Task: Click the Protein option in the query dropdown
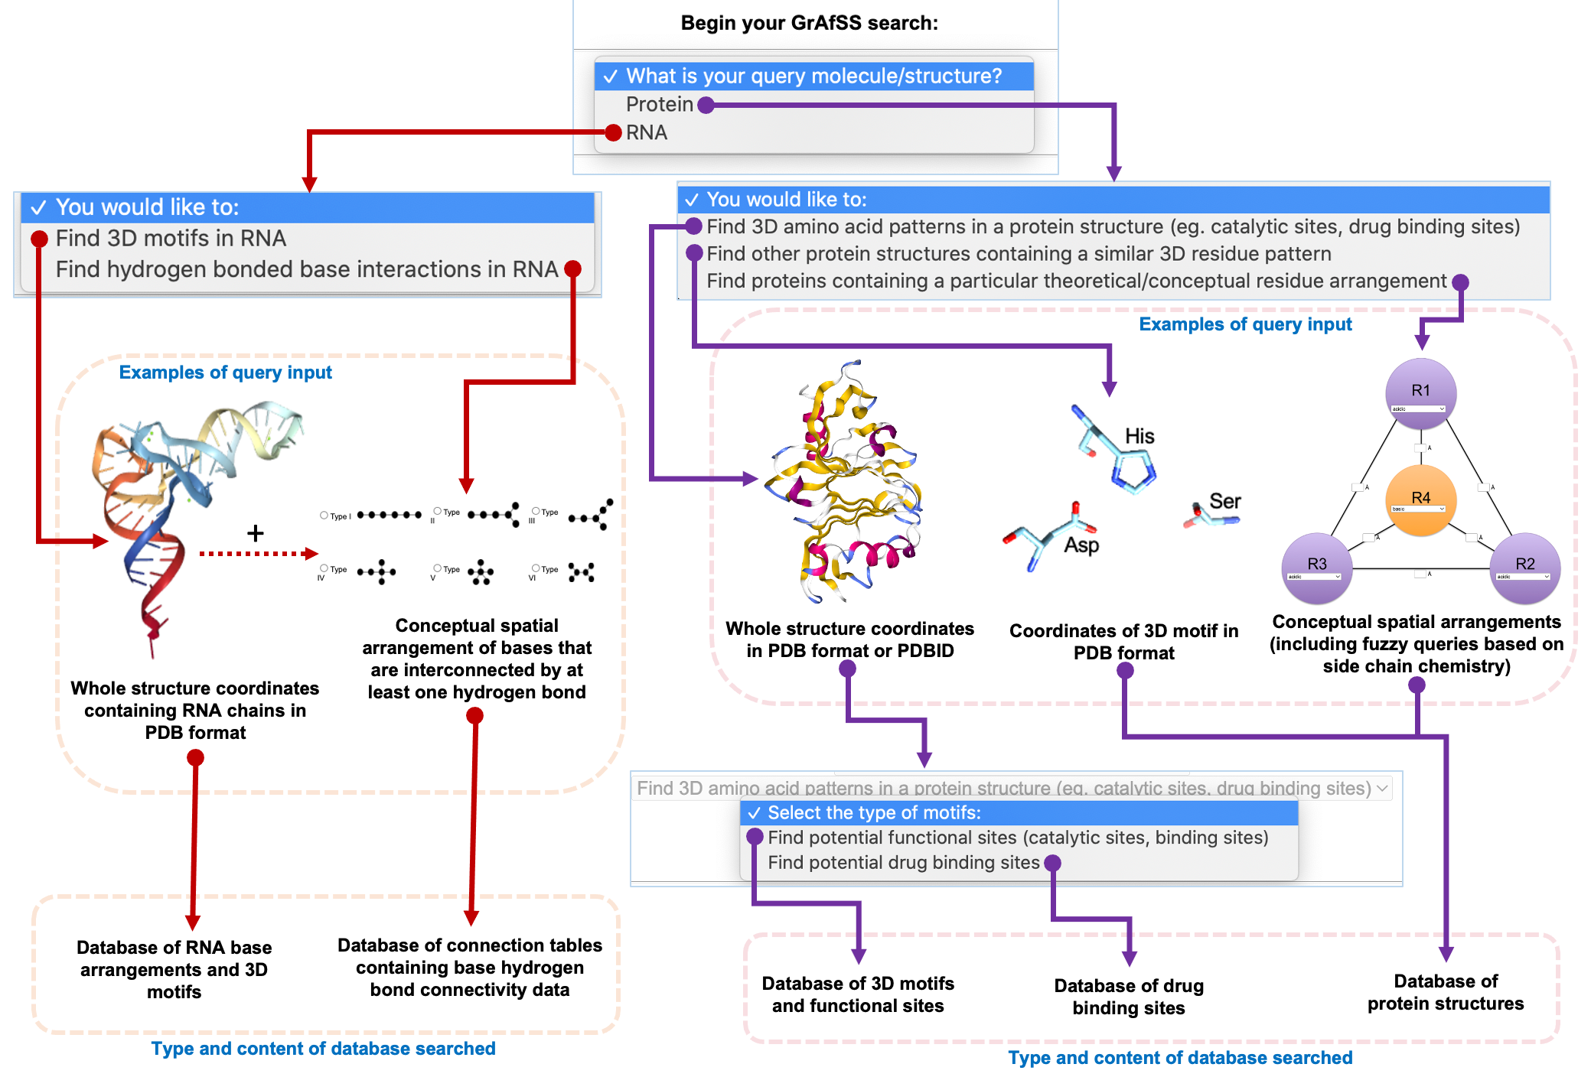659,104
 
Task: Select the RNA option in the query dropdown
647,132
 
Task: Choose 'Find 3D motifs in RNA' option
171,239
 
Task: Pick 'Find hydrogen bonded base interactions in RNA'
306,269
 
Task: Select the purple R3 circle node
1316,567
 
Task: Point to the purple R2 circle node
1524,567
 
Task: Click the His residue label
1139,436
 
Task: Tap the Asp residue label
1081,545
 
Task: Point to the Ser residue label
1224,501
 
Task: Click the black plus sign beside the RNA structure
256,533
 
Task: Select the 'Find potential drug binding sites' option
903,863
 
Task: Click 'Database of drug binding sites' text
1128,997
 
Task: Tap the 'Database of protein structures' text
1445,992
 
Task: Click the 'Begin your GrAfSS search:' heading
809,23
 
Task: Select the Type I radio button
324,516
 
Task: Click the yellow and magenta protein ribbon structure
846,482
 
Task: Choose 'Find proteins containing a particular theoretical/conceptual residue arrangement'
1076,281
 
